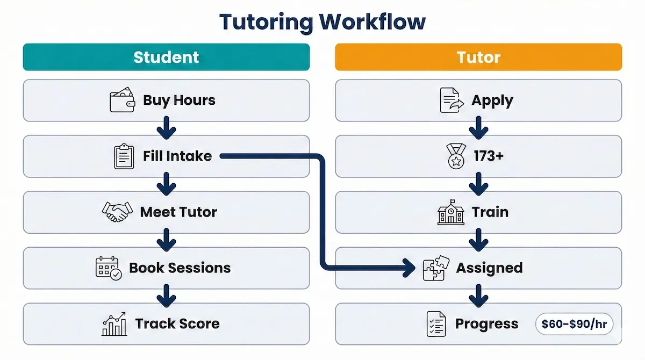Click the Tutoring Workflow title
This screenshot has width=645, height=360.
click(x=322, y=22)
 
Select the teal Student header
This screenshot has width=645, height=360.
click(x=166, y=57)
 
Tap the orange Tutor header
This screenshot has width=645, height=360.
click(x=478, y=57)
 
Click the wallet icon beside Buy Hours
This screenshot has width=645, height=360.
click(x=122, y=100)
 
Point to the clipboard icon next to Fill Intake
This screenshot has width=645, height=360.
click(x=124, y=156)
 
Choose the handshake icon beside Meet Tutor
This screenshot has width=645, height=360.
click(x=117, y=212)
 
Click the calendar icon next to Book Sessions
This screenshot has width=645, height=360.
click(x=109, y=268)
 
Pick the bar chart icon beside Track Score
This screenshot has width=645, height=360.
click(x=114, y=323)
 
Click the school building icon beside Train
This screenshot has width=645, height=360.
click(x=450, y=212)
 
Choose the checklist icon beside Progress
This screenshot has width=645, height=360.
click(x=436, y=323)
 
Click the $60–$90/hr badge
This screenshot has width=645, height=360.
click(x=574, y=323)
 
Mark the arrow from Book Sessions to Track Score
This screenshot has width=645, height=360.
click(x=166, y=296)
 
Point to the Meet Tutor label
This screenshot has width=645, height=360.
click(x=178, y=212)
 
